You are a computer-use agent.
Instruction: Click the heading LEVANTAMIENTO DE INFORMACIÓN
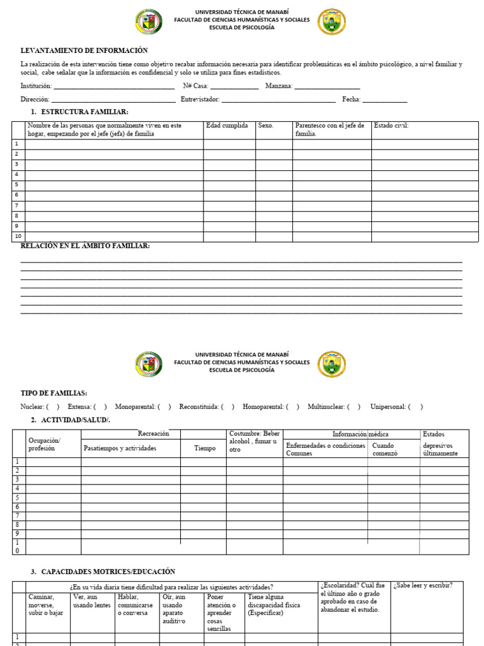84,50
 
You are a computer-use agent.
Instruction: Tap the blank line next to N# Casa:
234,86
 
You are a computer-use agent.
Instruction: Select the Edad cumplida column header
227,126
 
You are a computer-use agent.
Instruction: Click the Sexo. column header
266,126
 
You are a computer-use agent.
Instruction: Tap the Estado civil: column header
391,126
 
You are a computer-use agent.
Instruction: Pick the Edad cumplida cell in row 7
229,206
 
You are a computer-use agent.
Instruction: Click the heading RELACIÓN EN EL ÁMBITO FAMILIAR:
85,245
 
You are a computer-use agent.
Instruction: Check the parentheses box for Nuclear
53,407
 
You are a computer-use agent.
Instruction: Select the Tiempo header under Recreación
204,448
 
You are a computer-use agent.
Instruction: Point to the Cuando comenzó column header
384,449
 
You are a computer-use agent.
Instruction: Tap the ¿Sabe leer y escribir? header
423,585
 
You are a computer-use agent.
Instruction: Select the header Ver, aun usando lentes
92,601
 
